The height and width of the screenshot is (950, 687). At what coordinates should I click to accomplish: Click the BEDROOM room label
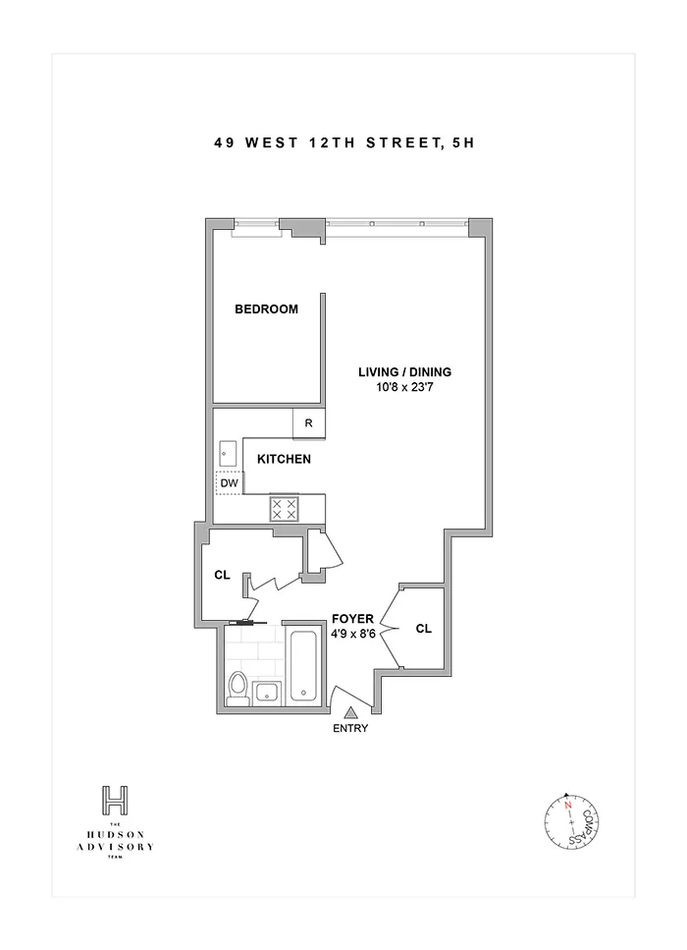coord(266,309)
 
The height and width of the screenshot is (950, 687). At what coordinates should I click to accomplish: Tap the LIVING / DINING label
coord(404,371)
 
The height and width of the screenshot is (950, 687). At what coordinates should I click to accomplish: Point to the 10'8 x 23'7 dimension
coord(404,388)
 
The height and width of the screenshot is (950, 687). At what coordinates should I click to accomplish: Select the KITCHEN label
coord(285,459)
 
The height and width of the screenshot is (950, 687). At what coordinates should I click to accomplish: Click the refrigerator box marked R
coord(308,423)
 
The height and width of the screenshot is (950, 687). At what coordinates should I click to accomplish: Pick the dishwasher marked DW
coord(229,483)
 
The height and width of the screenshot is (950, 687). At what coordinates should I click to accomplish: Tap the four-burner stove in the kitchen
coord(285,508)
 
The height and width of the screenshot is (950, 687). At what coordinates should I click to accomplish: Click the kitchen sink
coord(228,454)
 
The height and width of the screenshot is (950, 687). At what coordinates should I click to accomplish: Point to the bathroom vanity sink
coord(267,693)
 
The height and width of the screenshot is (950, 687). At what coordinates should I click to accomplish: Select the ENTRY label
coord(350,728)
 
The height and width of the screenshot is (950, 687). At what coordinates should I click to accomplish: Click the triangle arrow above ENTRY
coord(350,710)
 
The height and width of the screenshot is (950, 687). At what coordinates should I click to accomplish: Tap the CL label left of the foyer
coord(222,575)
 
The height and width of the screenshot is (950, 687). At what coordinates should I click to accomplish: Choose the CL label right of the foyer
coord(423,629)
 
